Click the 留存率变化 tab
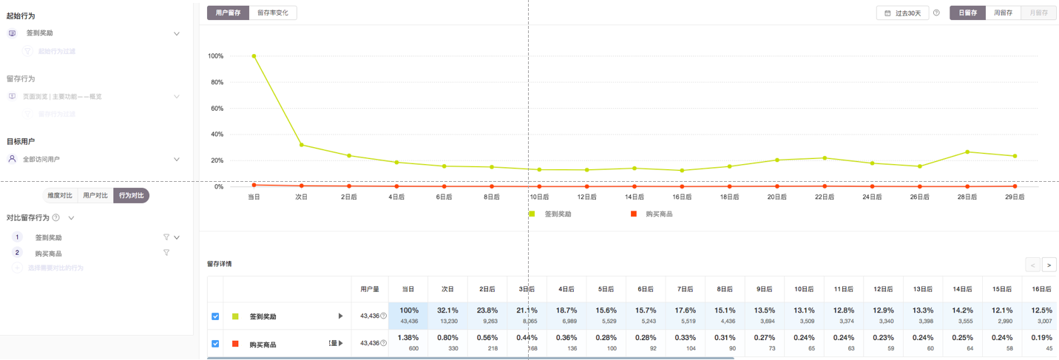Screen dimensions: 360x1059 coord(273,13)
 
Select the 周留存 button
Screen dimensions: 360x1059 coord(1003,13)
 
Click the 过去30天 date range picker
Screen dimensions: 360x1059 coord(903,13)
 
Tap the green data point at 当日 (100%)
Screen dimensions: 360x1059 coord(254,56)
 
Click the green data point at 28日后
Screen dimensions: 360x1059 coord(967,152)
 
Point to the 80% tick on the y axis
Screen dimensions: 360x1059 coord(217,82)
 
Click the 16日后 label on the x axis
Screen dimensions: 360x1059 coord(682,197)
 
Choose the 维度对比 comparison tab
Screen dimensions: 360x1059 coord(60,195)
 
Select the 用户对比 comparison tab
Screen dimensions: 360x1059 coord(95,195)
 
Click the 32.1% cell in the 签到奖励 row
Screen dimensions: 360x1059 coord(447,315)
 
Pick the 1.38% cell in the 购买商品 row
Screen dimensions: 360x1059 coord(408,342)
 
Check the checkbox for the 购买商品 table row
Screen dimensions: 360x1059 coord(215,344)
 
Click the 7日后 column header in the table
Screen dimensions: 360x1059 coord(686,289)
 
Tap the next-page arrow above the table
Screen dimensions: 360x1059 coord(1049,265)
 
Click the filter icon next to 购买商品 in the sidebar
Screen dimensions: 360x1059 coord(166,253)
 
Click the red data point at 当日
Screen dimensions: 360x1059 coord(254,185)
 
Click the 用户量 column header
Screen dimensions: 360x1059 coord(370,289)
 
